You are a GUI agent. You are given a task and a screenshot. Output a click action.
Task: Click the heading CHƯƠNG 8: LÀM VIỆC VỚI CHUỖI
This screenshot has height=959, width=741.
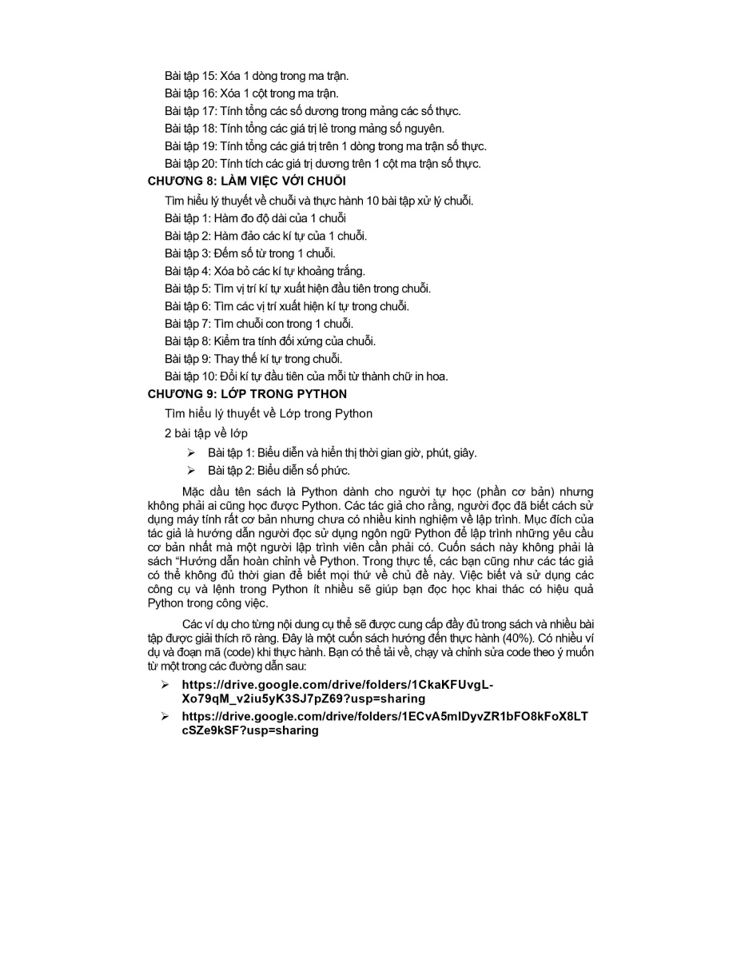247,181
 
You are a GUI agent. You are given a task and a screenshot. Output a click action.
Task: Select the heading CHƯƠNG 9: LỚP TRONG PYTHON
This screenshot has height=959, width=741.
247,394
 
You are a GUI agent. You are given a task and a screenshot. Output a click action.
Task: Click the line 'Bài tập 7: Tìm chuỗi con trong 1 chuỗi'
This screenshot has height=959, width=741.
259,324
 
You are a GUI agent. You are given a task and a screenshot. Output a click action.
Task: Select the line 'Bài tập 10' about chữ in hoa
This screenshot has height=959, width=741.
306,376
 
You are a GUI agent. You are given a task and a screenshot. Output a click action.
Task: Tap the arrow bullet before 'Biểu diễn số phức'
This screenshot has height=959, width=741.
191,471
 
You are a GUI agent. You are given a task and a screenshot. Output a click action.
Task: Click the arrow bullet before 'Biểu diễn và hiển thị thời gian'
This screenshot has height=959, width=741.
191,452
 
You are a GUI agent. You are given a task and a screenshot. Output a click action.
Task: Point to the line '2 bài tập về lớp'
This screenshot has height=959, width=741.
206,433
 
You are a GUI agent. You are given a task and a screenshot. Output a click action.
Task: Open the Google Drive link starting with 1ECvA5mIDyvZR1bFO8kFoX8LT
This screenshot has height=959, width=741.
384,723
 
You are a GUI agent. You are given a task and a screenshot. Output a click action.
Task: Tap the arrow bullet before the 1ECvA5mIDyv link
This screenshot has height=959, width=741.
165,717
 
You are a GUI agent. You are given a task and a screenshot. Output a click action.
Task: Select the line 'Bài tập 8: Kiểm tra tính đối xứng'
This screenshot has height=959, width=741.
270,341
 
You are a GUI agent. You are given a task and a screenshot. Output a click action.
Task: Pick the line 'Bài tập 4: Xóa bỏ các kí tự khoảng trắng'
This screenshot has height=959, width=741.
265,271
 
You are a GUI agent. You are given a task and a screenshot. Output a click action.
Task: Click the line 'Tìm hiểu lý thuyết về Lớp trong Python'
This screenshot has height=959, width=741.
269,413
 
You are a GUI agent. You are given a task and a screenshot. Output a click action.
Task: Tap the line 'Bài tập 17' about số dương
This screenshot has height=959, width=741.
313,111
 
